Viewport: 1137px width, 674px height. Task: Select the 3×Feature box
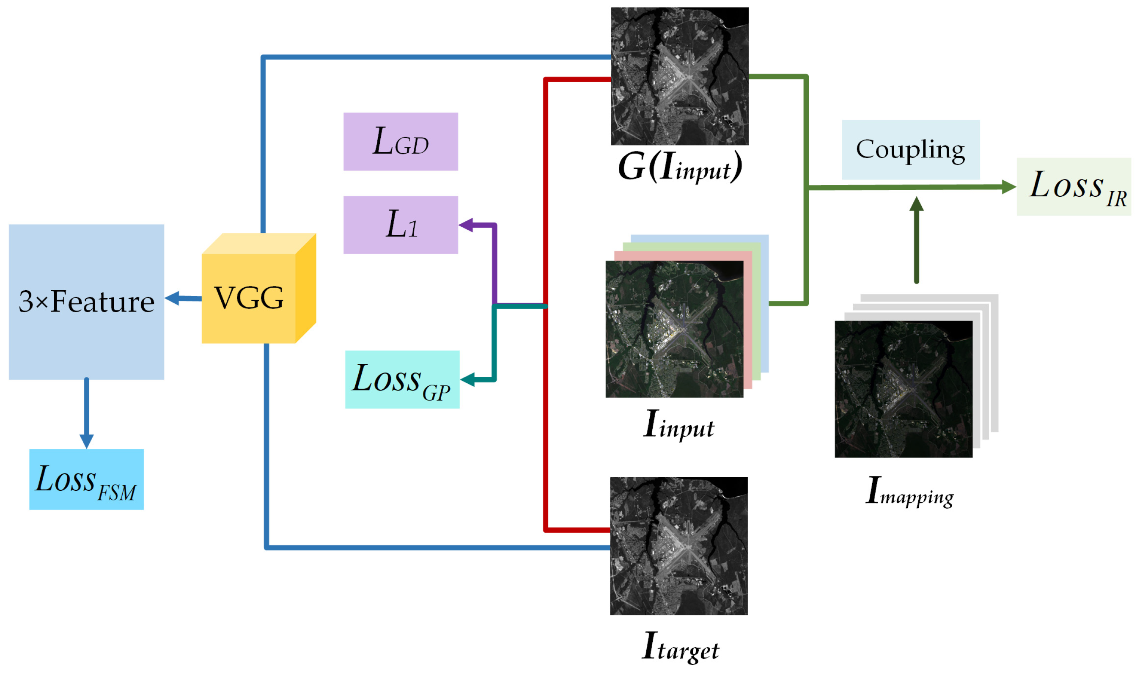[x=86, y=302]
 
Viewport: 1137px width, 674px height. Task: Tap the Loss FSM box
[x=86, y=480]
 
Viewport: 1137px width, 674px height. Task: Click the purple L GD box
[x=401, y=142]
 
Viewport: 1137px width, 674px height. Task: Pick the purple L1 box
[x=401, y=225]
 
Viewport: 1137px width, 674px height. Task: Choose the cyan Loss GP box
[x=402, y=380]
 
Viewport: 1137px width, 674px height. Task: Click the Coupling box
[x=910, y=149]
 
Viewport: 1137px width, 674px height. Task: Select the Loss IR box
[x=1073, y=187]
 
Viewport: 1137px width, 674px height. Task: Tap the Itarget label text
[x=680, y=647]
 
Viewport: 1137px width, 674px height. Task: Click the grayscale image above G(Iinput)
[x=679, y=76]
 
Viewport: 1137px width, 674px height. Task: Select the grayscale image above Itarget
[x=678, y=546]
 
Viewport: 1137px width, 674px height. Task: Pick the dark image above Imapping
[x=903, y=389]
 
